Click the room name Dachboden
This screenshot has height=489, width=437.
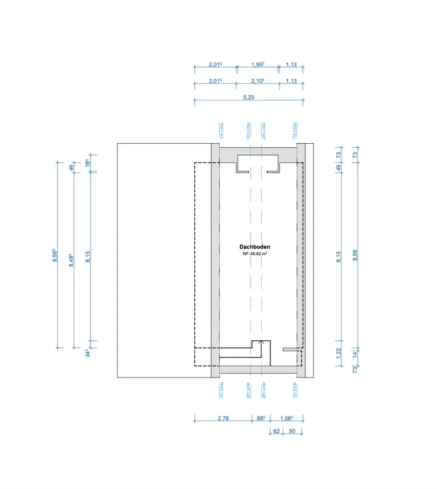click(x=254, y=246)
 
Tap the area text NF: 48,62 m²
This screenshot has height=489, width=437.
click(x=255, y=253)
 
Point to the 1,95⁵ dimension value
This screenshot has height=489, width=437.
click(x=258, y=65)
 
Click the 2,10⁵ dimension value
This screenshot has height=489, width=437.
click(x=258, y=81)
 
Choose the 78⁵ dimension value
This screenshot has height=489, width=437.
click(x=88, y=163)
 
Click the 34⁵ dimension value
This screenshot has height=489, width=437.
click(x=88, y=353)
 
